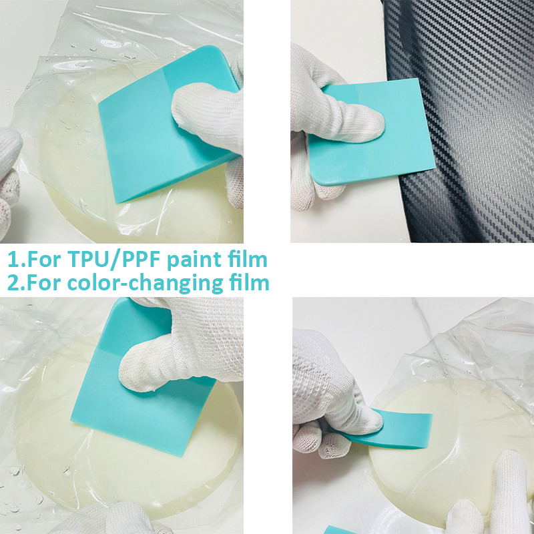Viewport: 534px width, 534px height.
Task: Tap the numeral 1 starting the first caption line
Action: tap(12, 259)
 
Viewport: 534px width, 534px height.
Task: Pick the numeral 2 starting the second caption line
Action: tap(13, 282)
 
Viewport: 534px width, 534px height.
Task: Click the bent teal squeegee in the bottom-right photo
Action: tap(400, 427)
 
